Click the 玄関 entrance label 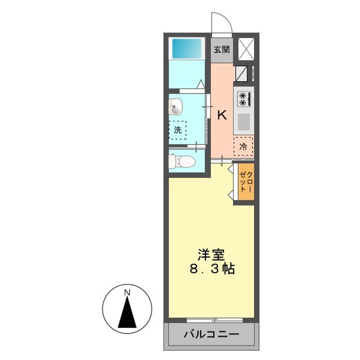click(221, 49)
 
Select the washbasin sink click(176, 106)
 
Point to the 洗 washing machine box click(177, 130)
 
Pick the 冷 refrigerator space click(243, 146)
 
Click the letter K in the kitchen click(222, 115)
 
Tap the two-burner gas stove click(243, 98)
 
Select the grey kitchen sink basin click(243, 121)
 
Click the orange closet click(246, 182)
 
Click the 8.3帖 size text click(212, 269)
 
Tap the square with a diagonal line click(241, 73)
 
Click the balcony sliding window click(212, 319)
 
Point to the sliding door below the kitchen click(221, 160)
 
